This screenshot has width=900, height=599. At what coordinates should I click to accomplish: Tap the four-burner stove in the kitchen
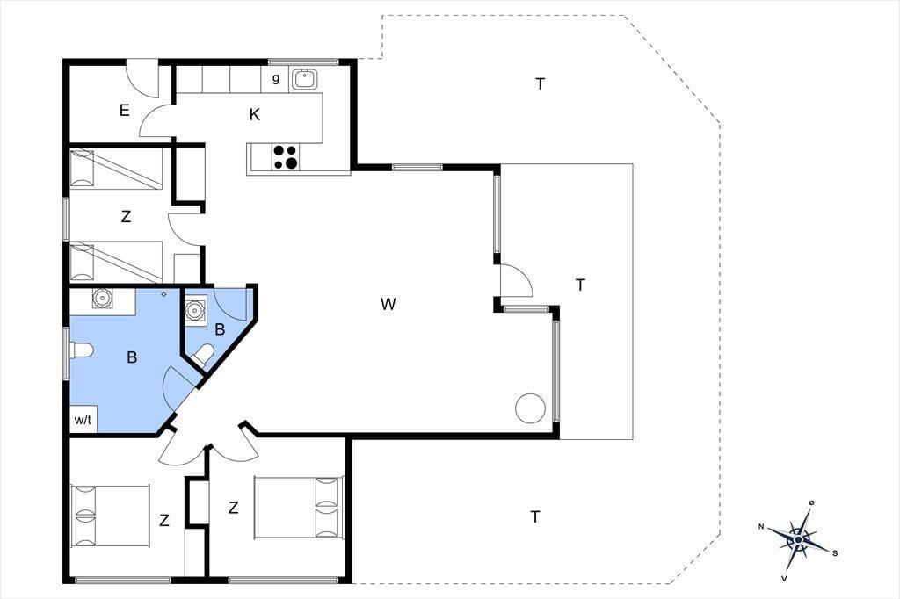[x=286, y=156]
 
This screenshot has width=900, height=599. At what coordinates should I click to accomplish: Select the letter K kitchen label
[x=255, y=115]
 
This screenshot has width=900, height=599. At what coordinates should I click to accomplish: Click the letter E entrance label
[x=125, y=110]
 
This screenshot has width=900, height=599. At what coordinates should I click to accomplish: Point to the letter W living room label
[x=388, y=304]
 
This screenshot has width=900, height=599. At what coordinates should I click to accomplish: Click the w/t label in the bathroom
[x=83, y=420]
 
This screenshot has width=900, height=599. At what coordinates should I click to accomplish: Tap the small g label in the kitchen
[x=275, y=78]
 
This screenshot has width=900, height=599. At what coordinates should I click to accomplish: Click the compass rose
[x=798, y=539]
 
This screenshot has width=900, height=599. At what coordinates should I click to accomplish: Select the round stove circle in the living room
[x=530, y=408]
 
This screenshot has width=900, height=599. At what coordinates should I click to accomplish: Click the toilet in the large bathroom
[x=81, y=350]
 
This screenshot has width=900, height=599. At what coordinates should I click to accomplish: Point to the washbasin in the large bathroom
[x=103, y=298]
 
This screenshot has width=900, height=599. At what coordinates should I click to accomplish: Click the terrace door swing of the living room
[x=517, y=280]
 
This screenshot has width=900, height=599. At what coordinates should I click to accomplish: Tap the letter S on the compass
[x=835, y=553]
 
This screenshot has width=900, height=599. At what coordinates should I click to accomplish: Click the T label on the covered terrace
[x=580, y=285]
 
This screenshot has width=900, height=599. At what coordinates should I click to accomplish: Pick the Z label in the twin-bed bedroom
[x=126, y=217]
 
